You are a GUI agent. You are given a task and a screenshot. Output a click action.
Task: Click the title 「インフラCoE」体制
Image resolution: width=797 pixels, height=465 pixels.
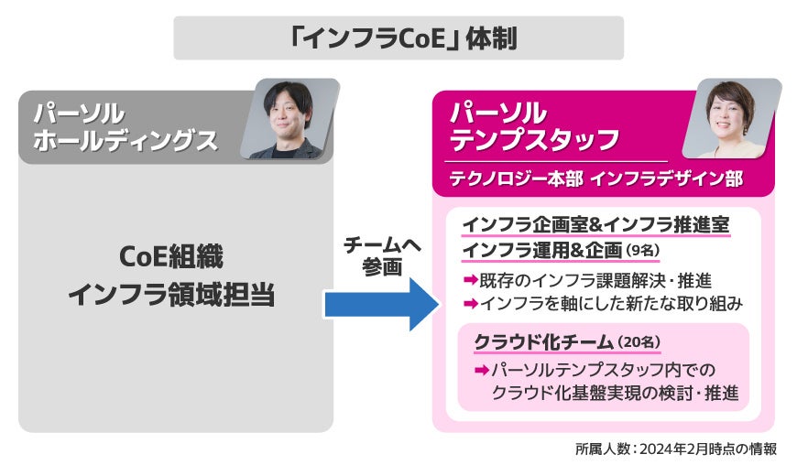398,38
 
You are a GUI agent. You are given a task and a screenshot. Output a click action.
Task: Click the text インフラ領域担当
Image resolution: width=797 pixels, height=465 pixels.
171,295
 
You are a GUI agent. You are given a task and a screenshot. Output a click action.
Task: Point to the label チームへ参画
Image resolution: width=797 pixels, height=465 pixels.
381,256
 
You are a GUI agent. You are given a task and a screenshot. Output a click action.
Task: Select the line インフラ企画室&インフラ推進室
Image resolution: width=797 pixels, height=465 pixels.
595,225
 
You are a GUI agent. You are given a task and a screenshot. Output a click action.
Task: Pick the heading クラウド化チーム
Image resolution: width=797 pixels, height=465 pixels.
543,342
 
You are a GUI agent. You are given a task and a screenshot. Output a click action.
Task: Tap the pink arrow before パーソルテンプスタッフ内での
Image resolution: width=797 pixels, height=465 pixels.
482,370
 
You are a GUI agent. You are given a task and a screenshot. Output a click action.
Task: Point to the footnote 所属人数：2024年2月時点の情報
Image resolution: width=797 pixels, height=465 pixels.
676,449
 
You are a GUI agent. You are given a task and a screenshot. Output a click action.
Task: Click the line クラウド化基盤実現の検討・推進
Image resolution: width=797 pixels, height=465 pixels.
615,393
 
